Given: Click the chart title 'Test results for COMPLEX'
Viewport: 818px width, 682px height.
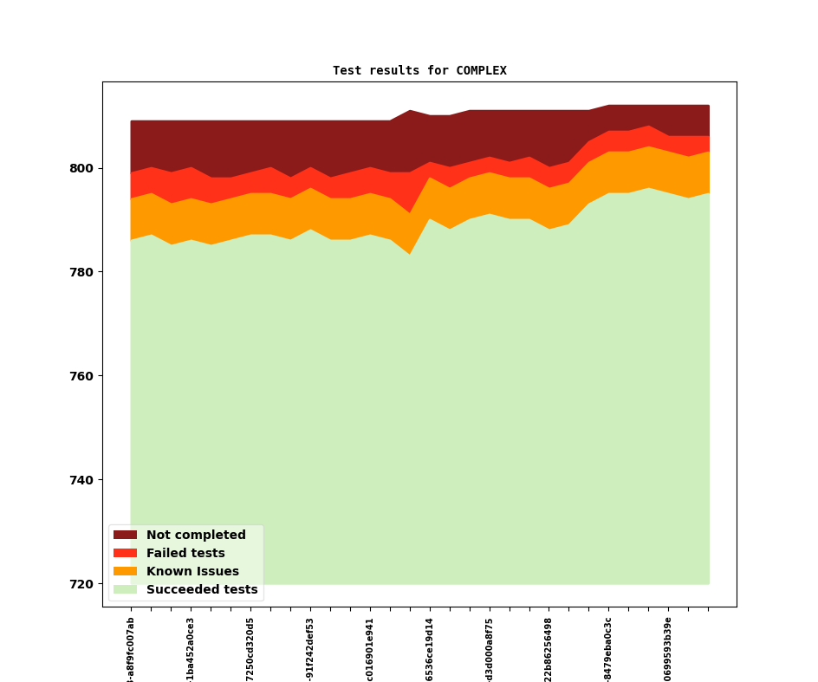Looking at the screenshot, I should click(x=419, y=71).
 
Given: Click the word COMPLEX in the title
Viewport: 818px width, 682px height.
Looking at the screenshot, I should click(x=481, y=71).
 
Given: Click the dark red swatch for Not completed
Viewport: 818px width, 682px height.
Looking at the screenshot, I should click(x=125, y=536).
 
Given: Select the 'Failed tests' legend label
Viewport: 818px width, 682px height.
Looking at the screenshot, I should click(x=185, y=554).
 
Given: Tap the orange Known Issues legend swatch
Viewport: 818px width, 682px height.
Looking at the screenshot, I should click(x=125, y=572).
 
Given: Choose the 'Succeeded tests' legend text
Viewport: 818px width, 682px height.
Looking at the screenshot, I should click(x=202, y=590).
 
